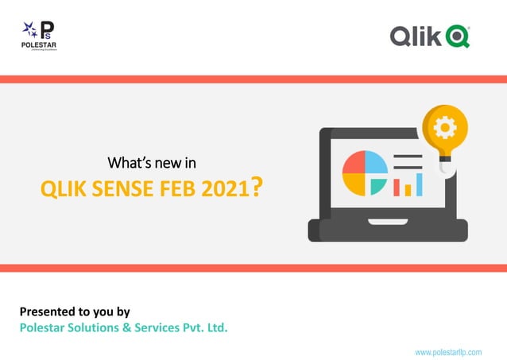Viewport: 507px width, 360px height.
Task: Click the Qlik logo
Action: coord(430,37)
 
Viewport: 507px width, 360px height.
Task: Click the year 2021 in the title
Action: coord(225,189)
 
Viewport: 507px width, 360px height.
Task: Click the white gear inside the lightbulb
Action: coord(445,126)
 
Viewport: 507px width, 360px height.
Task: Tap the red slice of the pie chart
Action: coord(354,163)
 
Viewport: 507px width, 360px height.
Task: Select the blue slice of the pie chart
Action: coord(376,163)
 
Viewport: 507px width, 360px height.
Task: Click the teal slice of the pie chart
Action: coord(377,186)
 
